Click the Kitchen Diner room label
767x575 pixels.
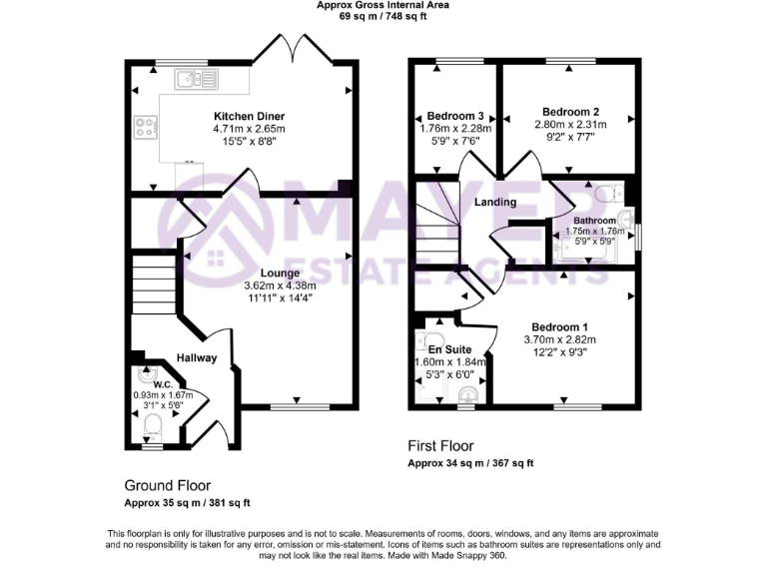[x=249, y=115]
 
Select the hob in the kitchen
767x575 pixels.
[x=146, y=128]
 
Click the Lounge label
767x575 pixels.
[x=280, y=272]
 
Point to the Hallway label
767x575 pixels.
[x=197, y=357]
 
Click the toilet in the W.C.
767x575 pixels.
[x=153, y=428]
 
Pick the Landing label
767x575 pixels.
[x=495, y=203]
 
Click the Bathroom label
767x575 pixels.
[x=594, y=220]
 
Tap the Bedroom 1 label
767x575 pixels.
[x=559, y=327]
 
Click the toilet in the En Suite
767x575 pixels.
[x=466, y=397]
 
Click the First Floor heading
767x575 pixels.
[x=440, y=446]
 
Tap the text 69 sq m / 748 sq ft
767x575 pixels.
[x=383, y=17]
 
